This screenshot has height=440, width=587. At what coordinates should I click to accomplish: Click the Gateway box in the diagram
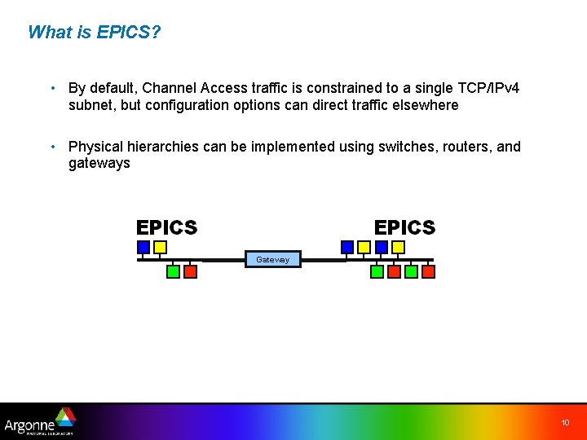273,259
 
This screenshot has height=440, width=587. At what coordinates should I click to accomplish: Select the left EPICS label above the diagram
166,227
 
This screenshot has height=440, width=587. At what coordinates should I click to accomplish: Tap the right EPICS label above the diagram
404,227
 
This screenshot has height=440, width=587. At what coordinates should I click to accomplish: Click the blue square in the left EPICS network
143,246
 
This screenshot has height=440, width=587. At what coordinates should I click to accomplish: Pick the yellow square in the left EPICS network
161,246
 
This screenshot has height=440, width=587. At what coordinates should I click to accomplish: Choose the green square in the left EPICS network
173,271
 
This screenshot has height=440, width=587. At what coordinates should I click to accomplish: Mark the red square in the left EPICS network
190,271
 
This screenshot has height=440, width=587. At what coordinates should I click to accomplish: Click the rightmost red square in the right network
428,271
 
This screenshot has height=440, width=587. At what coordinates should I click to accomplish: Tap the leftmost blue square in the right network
347,246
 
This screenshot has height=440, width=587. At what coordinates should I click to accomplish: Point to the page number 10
565,423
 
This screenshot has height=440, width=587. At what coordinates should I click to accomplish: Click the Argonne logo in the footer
40,421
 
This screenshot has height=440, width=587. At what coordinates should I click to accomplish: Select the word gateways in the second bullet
99,163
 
